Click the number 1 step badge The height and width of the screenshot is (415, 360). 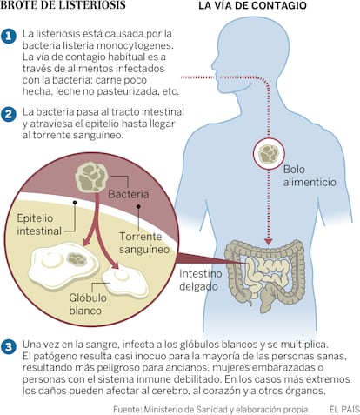click(8, 36)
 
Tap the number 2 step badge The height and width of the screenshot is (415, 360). click(8, 114)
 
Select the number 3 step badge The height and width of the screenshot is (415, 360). click(8, 347)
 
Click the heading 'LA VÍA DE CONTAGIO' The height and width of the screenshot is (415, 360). click(252, 6)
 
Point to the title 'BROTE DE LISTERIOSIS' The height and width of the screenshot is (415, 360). click(63, 5)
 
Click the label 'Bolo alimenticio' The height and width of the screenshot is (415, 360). click(310, 176)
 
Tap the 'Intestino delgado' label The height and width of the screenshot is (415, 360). click(201, 280)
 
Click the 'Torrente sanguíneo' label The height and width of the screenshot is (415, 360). click(144, 243)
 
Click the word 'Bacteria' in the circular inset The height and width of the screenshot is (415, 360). click(129, 194)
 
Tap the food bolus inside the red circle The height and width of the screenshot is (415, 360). click(269, 153)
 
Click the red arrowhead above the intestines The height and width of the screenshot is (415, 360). click(269, 242)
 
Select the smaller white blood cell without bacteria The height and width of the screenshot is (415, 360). click(124, 281)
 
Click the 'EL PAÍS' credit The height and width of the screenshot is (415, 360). click(344, 410)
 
